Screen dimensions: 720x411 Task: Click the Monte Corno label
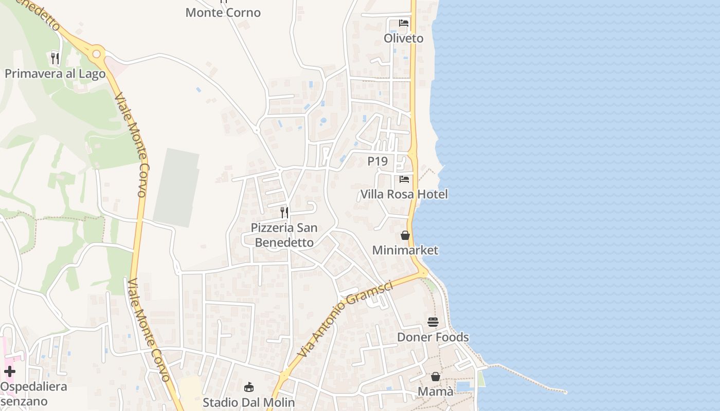[x=223, y=12]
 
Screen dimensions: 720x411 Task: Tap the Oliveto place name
[x=404, y=39]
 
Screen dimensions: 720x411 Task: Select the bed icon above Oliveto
[x=404, y=23]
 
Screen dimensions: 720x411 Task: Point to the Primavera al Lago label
[x=55, y=73]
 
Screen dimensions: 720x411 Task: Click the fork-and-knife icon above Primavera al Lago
[x=55, y=58]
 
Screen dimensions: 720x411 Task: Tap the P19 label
[x=377, y=161]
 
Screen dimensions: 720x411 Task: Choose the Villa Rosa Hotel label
[x=404, y=194]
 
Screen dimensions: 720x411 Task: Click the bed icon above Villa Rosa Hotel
[x=404, y=179]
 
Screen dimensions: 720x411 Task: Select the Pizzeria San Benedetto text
[x=284, y=235]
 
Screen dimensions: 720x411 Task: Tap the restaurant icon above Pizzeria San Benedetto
[x=284, y=212]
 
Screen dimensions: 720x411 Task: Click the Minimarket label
[x=405, y=250]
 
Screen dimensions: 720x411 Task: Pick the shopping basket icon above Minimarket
[x=405, y=235]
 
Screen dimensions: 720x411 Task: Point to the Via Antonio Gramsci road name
[x=346, y=319]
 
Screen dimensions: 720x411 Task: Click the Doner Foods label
[x=433, y=337]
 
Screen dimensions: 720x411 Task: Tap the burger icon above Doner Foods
[x=433, y=322]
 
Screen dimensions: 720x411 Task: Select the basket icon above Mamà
[x=436, y=377]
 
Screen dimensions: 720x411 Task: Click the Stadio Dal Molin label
[x=249, y=402]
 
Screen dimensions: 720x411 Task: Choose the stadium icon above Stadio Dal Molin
[x=249, y=387]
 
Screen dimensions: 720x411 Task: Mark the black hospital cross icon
[x=10, y=371]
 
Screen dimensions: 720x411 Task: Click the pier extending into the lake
[x=530, y=379]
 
